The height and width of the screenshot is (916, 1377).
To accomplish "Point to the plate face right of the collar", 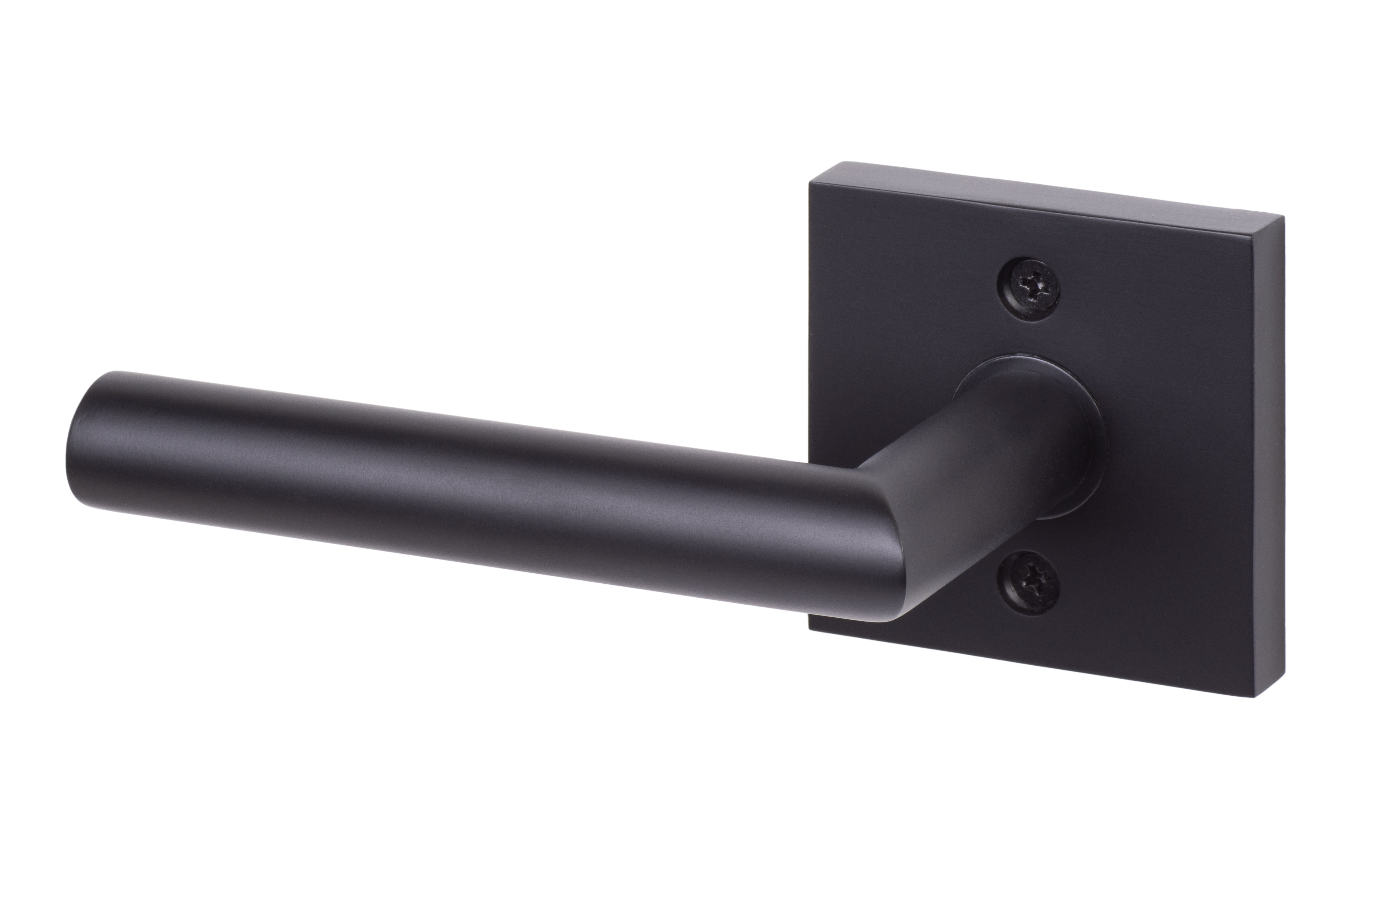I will tap(1180, 444).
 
